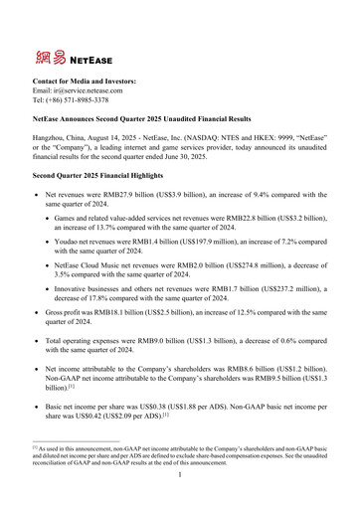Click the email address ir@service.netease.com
92,90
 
